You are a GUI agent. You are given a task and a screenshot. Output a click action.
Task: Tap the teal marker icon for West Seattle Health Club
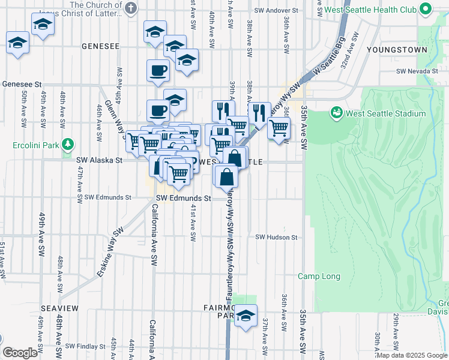point(427,9)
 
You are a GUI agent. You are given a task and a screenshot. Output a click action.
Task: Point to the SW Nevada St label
point(416,71)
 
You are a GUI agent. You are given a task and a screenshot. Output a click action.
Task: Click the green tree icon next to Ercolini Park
point(68,145)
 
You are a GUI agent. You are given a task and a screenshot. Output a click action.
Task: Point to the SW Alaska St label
point(99,160)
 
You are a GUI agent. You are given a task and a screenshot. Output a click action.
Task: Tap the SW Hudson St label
point(277,237)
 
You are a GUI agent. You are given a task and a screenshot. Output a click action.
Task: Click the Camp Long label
point(319,277)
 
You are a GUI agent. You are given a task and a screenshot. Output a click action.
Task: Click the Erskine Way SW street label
point(110,251)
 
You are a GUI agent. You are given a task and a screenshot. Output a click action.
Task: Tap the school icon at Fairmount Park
point(246,316)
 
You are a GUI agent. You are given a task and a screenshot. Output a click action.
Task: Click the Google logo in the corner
point(20,353)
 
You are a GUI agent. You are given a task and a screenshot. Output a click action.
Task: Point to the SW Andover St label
point(276,11)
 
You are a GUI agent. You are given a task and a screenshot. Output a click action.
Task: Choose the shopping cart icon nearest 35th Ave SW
point(279,127)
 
